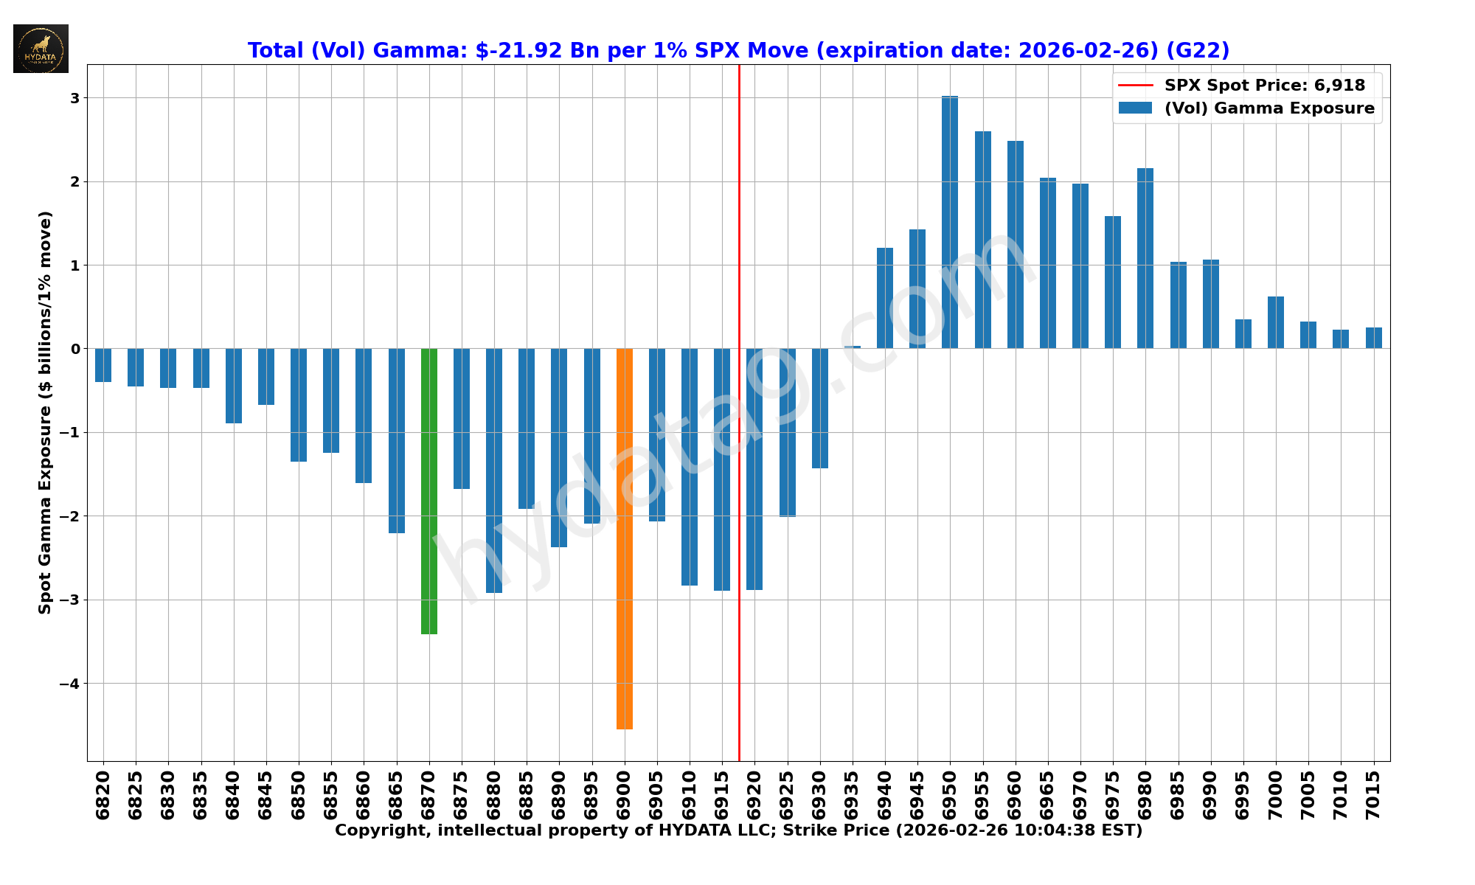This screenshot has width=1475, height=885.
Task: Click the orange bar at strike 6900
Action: (624, 538)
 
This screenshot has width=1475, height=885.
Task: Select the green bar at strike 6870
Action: (428, 490)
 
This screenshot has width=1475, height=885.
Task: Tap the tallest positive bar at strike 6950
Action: (950, 222)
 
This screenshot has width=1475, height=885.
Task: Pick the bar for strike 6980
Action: (1145, 258)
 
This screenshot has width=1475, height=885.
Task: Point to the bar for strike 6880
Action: (494, 471)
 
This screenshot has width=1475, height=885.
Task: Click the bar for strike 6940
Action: (885, 298)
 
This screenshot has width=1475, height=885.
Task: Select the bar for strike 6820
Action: (103, 365)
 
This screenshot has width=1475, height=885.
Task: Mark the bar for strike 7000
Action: (1276, 322)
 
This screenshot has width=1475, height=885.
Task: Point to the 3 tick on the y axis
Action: (75, 98)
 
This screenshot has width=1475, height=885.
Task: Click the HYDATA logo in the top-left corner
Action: (41, 49)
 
